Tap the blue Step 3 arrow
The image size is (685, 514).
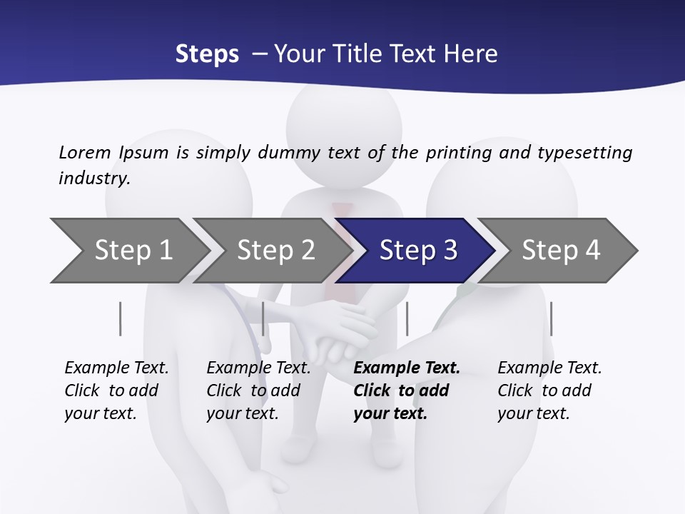[418, 251]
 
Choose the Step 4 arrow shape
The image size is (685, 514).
[561, 251]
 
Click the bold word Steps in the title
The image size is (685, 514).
[207, 54]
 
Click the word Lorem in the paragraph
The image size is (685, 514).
[85, 152]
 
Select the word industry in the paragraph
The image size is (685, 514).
[93, 178]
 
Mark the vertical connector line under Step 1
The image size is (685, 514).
[120, 318]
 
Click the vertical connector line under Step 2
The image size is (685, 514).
[263, 318]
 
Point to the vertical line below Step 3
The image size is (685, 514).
[407, 318]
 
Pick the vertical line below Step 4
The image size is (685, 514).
[551, 318]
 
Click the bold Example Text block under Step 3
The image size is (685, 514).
[407, 390]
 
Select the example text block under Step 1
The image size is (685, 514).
[116, 390]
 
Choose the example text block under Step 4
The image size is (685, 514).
[549, 390]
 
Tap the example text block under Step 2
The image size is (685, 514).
[258, 390]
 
